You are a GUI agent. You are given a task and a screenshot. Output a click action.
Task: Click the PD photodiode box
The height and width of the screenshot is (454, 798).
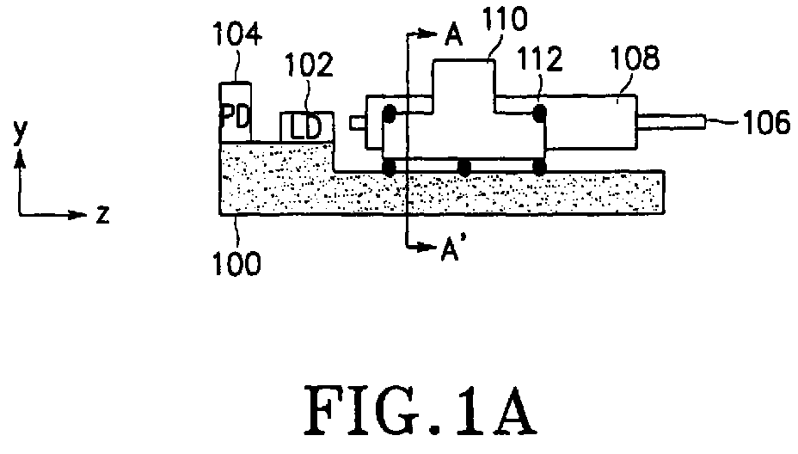point(235,113)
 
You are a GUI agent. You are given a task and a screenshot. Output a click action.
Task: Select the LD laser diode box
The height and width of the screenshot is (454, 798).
point(307,127)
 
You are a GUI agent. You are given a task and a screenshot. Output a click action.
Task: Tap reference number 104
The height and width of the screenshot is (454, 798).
point(237,34)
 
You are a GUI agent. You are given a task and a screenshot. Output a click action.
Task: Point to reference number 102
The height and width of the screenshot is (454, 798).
point(309,64)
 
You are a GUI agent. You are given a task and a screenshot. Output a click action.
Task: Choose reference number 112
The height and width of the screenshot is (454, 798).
point(540,59)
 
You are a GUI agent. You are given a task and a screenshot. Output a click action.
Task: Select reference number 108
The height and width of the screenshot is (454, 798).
point(635,58)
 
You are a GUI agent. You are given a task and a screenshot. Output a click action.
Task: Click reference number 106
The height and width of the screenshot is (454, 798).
point(767,123)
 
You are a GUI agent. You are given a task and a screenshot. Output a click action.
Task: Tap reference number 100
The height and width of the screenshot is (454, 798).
point(236,263)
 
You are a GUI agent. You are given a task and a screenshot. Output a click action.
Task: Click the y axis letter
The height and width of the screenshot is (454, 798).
point(19,132)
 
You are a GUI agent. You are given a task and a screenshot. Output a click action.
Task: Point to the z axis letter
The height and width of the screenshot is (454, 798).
point(103,215)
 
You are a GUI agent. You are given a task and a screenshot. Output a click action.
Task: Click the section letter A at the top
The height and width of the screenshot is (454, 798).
point(453,35)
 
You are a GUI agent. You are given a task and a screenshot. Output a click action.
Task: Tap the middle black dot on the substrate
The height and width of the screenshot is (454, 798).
point(464,168)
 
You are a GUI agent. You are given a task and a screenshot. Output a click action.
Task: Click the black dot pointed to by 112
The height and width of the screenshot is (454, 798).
point(539,113)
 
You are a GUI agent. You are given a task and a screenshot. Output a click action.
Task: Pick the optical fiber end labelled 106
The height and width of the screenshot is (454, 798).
point(671,123)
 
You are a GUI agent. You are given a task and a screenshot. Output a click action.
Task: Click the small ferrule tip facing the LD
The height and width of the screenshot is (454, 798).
point(358,123)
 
